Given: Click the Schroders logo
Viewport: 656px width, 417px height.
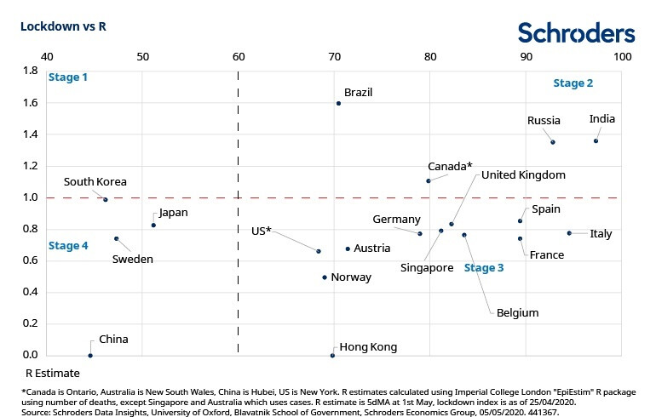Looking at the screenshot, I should (576, 32).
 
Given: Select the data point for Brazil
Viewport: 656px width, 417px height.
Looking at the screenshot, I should (338, 103).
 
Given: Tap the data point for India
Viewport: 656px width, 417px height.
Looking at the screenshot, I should (596, 141).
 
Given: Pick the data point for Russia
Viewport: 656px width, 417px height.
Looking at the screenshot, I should (553, 142).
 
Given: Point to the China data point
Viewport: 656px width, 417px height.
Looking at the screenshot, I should (90, 356).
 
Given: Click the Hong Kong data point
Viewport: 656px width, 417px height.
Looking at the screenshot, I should (332, 356).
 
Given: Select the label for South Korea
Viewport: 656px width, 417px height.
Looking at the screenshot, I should (95, 181).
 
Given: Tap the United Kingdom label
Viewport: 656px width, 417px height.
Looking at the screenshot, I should (523, 174).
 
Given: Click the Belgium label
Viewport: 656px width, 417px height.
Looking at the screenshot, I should (517, 312).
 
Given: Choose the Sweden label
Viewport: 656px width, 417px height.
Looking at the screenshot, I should (133, 259).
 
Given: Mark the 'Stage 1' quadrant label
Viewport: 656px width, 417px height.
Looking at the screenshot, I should (68, 77).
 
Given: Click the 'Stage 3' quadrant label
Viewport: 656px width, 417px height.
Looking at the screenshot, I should (484, 268).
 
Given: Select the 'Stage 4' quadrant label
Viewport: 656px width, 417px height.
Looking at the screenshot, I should (68, 246).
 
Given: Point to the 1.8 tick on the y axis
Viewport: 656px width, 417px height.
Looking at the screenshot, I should (30, 71).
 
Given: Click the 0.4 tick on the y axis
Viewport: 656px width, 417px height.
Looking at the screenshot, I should (30, 292).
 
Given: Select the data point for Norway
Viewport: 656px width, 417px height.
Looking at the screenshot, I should (325, 277).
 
